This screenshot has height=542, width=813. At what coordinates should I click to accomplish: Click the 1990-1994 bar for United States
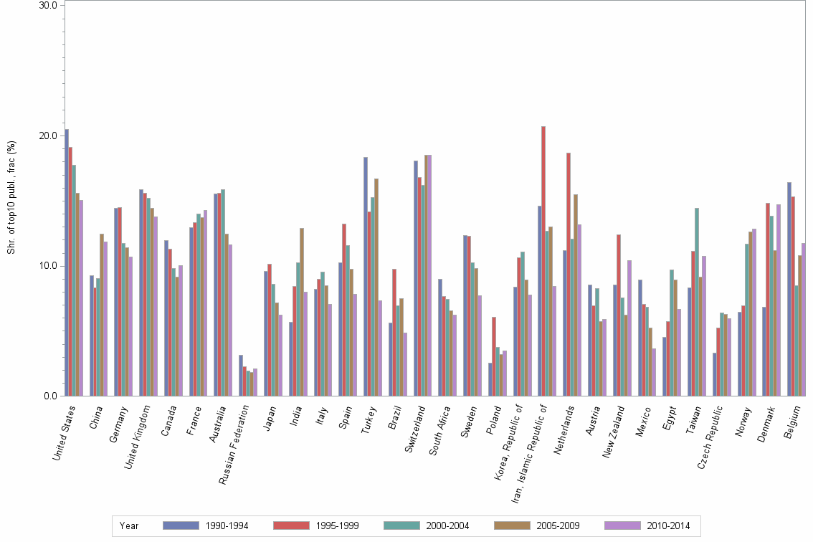point(67,262)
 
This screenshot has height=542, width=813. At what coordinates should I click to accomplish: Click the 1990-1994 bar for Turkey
point(365,277)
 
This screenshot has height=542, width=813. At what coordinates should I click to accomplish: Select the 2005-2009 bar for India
point(302,312)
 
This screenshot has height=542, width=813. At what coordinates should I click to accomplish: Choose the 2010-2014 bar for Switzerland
point(429,275)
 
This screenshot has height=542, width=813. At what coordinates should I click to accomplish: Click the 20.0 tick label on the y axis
point(48,135)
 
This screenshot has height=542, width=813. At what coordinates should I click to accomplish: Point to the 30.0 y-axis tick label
point(48,5)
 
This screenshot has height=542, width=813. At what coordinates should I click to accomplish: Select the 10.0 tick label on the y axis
point(48,266)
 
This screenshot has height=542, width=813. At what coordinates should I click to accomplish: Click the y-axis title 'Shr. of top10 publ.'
point(11,197)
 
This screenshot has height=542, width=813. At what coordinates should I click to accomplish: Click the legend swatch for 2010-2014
point(624,526)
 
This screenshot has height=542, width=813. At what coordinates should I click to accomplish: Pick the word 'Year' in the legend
point(130,526)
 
